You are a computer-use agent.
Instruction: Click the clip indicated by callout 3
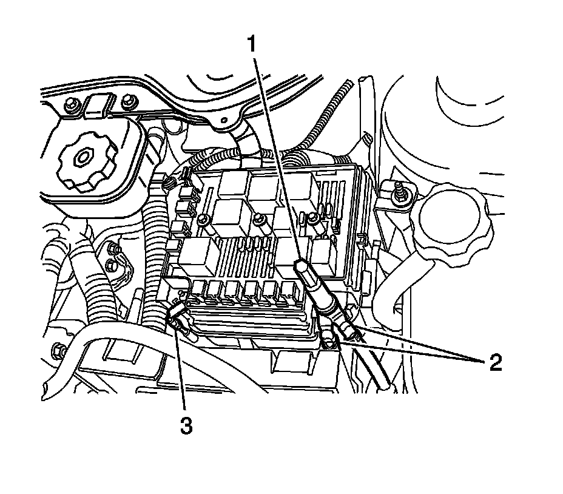point(175,319)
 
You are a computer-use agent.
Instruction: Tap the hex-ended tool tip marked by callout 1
point(302,266)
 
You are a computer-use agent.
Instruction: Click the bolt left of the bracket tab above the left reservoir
point(71,104)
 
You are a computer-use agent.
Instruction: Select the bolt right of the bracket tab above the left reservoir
point(127,103)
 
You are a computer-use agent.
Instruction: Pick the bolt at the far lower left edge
point(58,349)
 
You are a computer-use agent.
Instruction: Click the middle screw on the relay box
point(260,220)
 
